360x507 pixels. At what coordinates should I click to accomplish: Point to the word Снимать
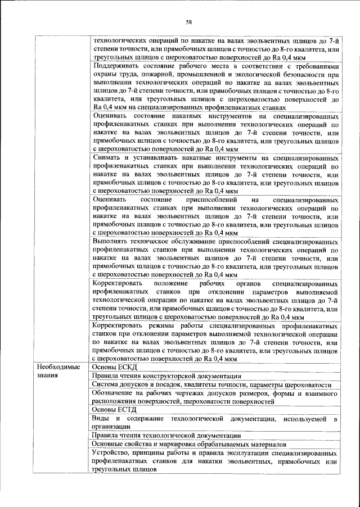tap(107, 158)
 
